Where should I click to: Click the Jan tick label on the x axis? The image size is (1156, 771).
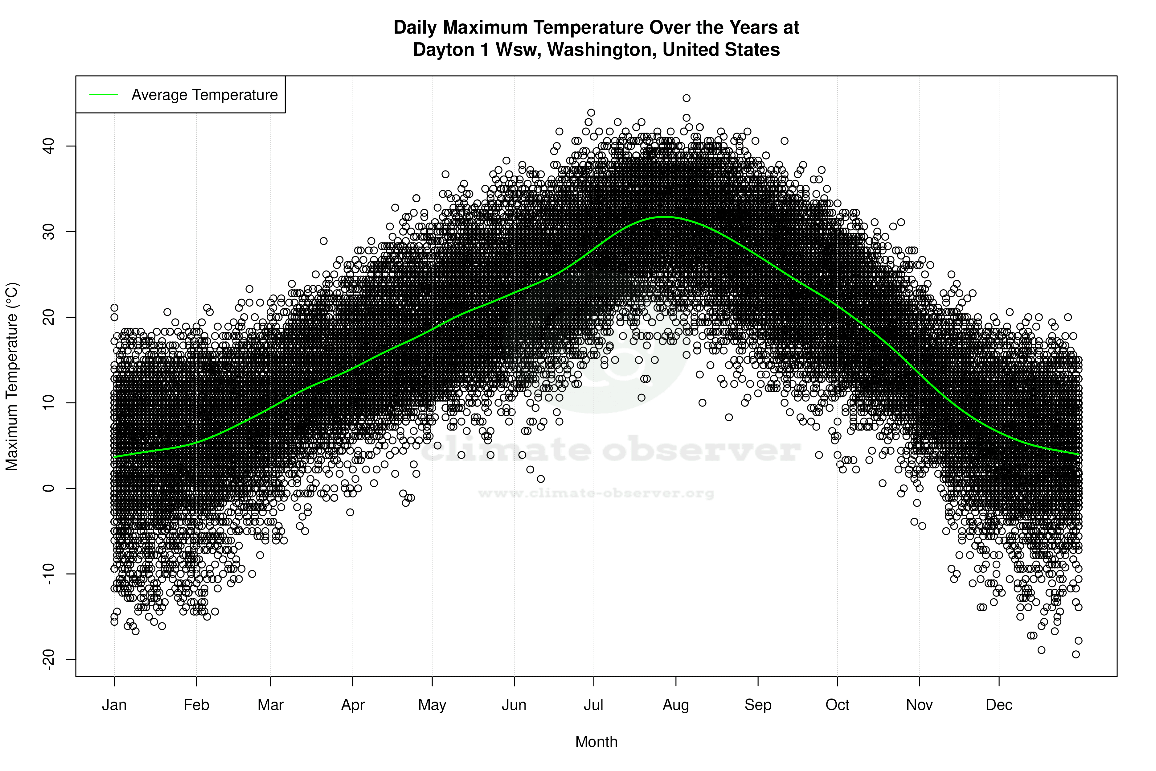114,705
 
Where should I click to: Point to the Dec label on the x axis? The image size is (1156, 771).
999,705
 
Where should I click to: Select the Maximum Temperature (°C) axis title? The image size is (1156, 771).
12,376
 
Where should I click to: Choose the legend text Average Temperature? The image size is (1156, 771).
204,95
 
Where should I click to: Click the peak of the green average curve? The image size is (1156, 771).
665,216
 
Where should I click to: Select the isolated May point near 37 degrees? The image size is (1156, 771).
445,174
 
